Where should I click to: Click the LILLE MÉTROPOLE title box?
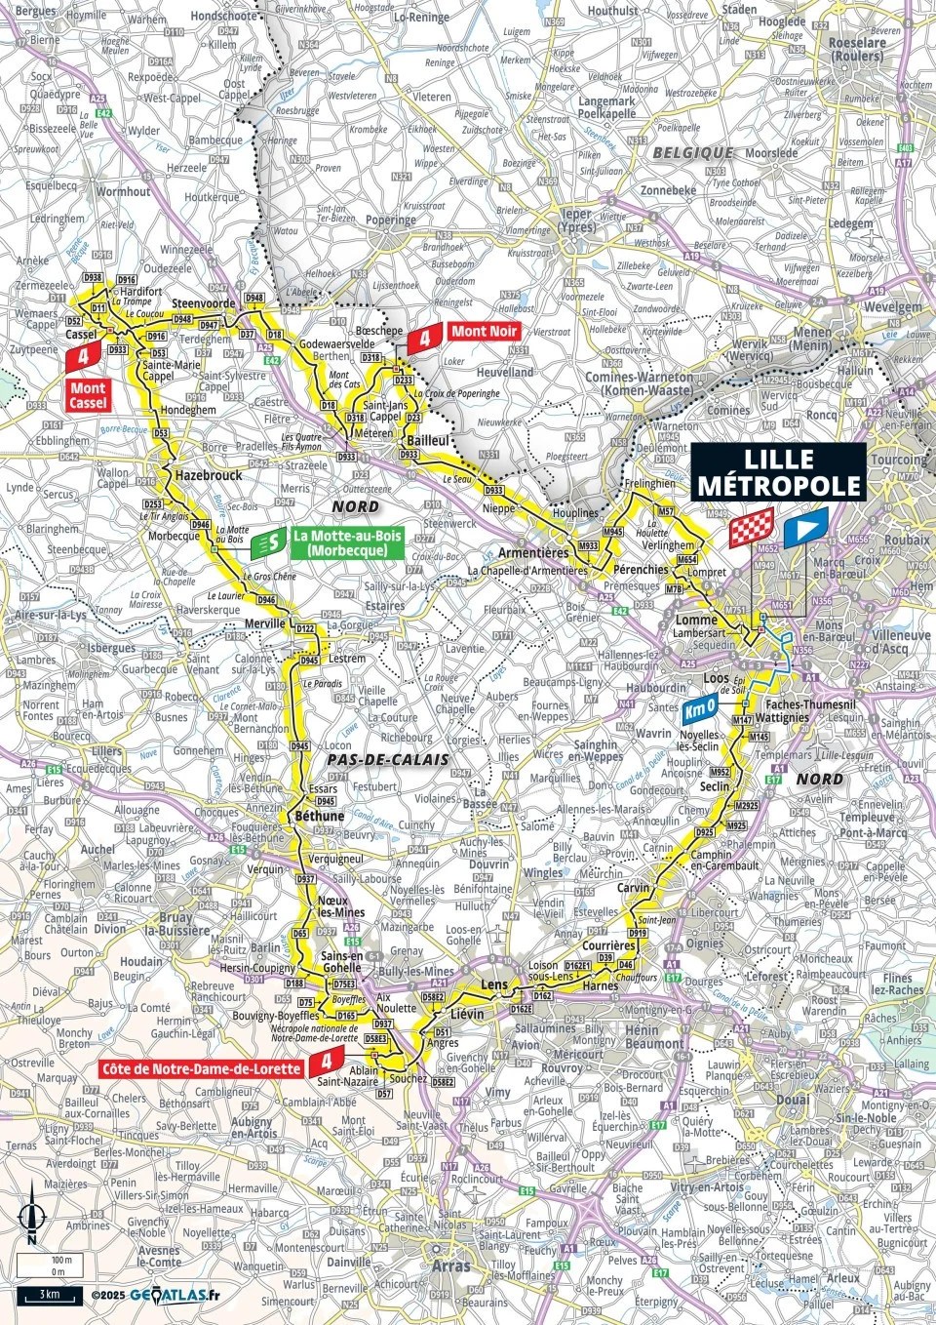777,473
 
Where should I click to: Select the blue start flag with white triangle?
805,527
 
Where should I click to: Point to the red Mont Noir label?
484,332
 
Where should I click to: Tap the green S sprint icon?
269,543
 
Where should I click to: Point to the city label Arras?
448,1265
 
